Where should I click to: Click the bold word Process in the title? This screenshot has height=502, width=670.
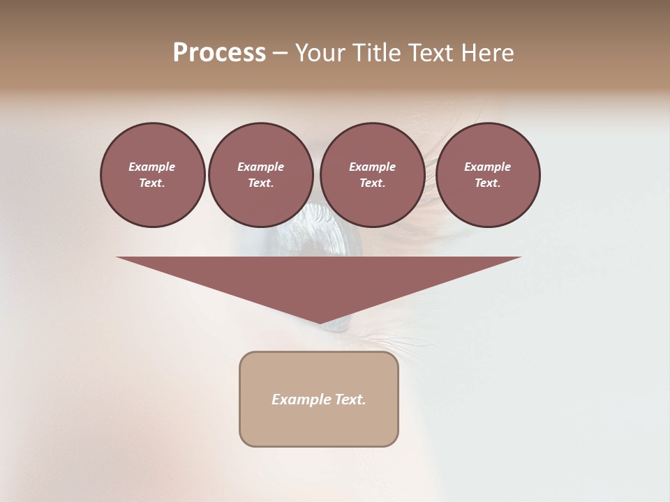click(x=219, y=53)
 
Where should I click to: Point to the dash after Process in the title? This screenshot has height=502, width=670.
click(x=280, y=54)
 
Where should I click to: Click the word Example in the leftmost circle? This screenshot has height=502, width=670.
click(x=152, y=167)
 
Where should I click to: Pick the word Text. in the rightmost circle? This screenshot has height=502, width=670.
click(x=488, y=183)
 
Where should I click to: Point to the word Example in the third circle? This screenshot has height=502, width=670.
click(x=372, y=167)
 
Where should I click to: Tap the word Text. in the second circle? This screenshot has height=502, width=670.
click(x=261, y=183)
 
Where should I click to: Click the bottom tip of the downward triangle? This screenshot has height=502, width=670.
click(x=320, y=322)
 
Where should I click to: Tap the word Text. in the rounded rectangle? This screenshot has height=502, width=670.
click(x=350, y=400)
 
